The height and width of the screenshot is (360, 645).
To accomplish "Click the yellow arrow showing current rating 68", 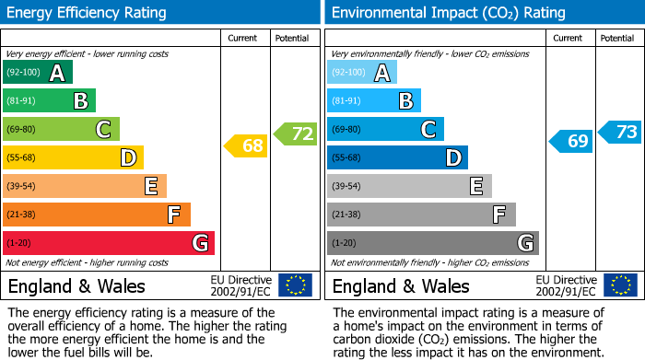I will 246,145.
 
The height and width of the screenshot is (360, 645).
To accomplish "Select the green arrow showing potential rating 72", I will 295,134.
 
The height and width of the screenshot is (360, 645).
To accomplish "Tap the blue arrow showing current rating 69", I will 570,141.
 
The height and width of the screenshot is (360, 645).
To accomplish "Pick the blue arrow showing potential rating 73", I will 620,132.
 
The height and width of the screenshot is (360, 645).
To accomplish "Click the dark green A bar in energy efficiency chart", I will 38,73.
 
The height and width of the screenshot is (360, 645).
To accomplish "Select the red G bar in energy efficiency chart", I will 109,243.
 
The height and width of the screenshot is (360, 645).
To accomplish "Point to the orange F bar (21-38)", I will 97,215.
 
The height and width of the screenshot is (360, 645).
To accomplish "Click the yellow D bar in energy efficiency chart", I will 73,157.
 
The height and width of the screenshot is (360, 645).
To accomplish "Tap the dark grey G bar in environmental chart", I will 432,243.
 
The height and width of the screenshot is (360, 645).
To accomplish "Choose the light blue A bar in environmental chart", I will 362,73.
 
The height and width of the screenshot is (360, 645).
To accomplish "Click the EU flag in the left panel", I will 295,285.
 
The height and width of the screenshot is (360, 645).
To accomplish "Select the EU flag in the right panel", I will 619,285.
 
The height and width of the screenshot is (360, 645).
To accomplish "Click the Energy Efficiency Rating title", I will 88,13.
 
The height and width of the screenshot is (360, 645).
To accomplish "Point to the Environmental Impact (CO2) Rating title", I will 448,13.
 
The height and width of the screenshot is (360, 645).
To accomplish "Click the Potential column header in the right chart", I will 616,38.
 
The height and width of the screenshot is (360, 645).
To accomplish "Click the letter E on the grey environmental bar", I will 475,186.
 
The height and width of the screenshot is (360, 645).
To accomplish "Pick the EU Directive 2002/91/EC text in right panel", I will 567,285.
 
